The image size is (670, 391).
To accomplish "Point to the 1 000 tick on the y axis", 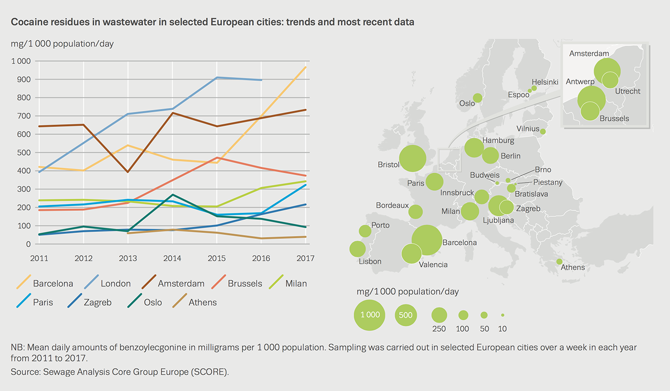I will coord(21,61).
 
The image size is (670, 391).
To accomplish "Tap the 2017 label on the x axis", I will coord(305,258).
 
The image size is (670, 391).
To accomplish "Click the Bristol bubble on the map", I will coord(412,158).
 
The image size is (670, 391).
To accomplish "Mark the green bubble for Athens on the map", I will coord(559,261).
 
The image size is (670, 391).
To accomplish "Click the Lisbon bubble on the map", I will coord(358,249).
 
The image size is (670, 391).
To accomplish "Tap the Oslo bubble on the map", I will coord(477,98).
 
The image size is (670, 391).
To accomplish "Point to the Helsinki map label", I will coord(545,82).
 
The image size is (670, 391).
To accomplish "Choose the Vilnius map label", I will coord(528,129).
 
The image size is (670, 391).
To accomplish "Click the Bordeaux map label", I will coord(392,205).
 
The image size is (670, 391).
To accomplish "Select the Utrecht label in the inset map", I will coord(628,91).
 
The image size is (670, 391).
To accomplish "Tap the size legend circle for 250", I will coord(439,315).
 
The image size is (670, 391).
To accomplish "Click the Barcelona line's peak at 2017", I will coord(306,67).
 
